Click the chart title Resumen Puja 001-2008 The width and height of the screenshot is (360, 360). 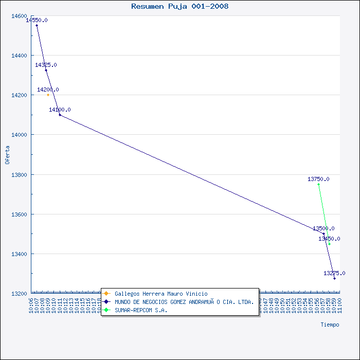180,7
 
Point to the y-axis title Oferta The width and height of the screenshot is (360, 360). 7,155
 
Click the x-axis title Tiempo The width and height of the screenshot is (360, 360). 330,325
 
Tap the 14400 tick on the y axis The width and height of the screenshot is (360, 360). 19,56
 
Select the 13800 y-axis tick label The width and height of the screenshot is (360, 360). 19,175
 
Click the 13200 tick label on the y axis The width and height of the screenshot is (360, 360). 19,294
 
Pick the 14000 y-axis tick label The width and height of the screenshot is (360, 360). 19,135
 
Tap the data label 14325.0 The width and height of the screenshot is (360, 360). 46,65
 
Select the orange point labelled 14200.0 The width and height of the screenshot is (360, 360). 48,95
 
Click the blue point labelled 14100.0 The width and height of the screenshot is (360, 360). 60,115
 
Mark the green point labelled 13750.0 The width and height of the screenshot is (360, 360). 318,184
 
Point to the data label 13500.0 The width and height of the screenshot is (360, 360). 323,228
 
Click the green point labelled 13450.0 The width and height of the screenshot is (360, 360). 329,244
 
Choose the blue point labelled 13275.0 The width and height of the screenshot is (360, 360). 334,278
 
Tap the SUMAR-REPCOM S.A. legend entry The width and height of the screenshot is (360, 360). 141,310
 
